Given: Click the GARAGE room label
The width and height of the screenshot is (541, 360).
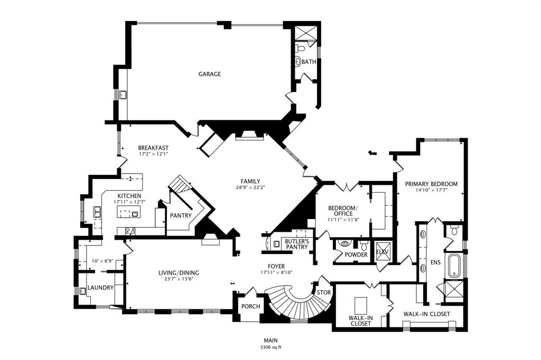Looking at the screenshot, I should (210, 74).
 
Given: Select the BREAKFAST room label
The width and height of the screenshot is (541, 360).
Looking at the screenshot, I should (153, 148).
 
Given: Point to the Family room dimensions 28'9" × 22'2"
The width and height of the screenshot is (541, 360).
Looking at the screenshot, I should (250, 187).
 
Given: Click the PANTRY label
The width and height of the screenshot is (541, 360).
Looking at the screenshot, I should (180, 215).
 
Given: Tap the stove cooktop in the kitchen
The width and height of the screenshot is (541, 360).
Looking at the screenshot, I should (129, 230).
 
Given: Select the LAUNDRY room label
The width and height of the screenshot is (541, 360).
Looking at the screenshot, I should (100, 288).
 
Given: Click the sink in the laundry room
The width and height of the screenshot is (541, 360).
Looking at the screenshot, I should (83, 291).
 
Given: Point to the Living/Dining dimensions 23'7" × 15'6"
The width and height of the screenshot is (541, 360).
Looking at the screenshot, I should (179, 279).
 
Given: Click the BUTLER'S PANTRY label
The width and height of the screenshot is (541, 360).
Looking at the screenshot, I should (296, 244).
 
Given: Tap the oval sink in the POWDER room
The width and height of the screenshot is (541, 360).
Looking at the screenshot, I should (344, 244).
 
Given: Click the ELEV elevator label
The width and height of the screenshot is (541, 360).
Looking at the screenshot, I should (381, 252).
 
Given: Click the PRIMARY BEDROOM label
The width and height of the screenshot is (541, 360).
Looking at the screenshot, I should (431, 184).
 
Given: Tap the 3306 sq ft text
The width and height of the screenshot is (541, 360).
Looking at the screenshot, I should (270, 347).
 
